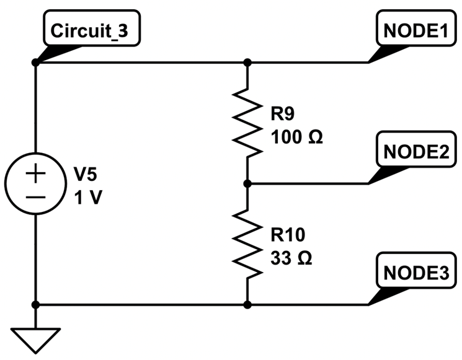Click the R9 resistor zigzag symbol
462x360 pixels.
coord(247,123)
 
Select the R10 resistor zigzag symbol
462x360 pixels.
coord(247,244)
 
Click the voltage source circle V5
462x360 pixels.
coord(35,183)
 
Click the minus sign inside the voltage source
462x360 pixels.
coord(35,196)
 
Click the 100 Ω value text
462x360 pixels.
coord(296,136)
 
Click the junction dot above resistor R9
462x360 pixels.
coord(247,63)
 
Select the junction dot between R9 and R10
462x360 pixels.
coord(247,183)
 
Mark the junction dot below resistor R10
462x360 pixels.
coord(247,305)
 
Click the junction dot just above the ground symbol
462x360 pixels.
coord(35,305)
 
